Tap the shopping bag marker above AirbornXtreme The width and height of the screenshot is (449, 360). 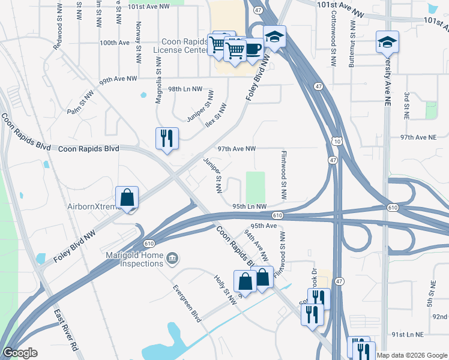pyautogui.click(x=127, y=198)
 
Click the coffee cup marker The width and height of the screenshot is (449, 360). pyautogui.click(x=252, y=49)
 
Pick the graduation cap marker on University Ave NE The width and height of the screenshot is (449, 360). pyautogui.click(x=387, y=43)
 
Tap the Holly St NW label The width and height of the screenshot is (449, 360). pyautogui.click(x=226, y=288)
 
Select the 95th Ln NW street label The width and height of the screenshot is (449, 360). pyautogui.click(x=249, y=206)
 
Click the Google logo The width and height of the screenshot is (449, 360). pyautogui.click(x=20, y=353)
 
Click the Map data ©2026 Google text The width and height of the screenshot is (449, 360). pyautogui.click(x=412, y=355)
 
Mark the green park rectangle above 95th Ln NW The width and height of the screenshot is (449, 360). pyautogui.click(x=255, y=187)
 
